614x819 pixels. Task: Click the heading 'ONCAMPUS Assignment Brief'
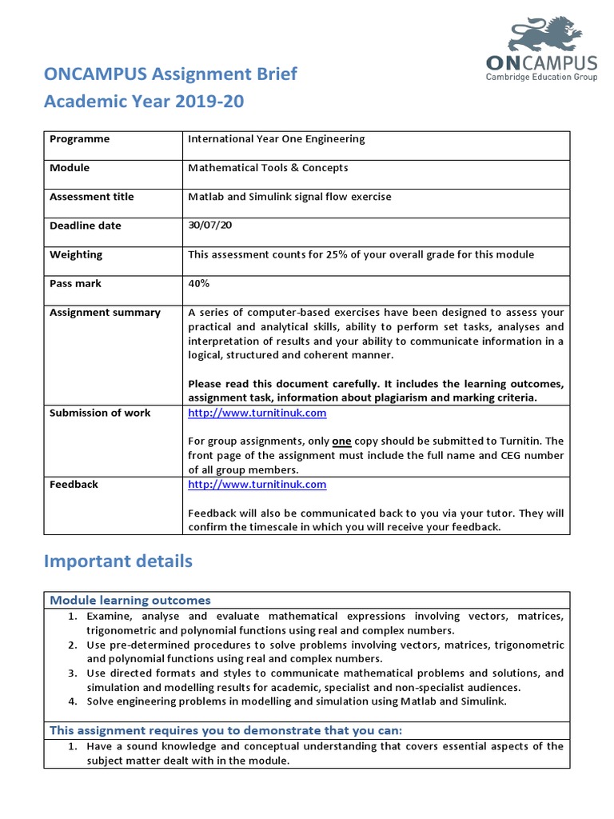pos(169,74)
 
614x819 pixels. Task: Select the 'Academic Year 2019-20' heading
pos(144,102)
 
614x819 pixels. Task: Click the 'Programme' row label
pos(79,139)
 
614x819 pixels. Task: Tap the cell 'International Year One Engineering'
pos(276,139)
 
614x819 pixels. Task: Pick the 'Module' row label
pos(70,168)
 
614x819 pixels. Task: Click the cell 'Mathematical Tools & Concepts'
pos(268,168)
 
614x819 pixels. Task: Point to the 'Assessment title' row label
pos(91,197)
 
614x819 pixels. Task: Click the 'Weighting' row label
pos(76,254)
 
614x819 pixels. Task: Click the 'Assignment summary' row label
pos(105,312)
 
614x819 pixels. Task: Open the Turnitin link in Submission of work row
pos(257,413)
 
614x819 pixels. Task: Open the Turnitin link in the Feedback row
pos(257,485)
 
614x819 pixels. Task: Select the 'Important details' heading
pos(118,561)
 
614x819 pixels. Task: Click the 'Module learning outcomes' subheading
pos(130,600)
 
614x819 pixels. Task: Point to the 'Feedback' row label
pos(74,485)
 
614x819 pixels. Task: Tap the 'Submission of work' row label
pos(100,413)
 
